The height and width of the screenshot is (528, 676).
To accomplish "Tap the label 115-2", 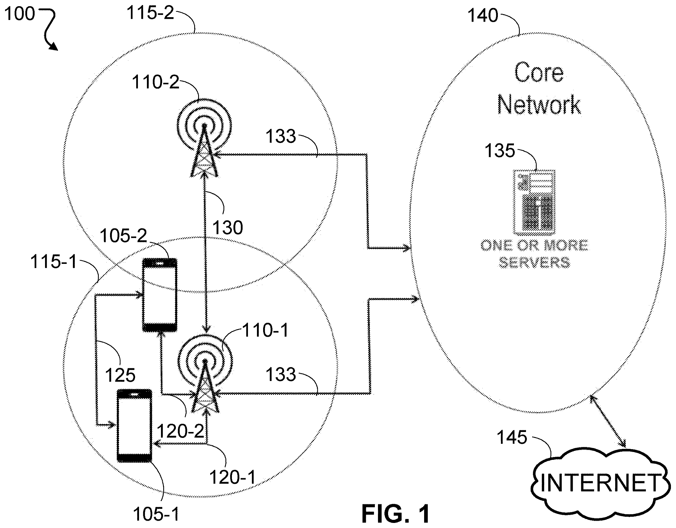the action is coord(151,13).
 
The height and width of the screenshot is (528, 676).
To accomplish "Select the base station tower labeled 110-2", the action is coord(204,138).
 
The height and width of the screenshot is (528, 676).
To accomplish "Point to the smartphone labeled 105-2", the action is coord(160,295).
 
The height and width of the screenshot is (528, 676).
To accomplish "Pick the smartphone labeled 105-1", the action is coord(134,426).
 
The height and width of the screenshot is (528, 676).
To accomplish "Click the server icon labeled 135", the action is coord(534,202).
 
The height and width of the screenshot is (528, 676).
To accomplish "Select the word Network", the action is coord(539,105).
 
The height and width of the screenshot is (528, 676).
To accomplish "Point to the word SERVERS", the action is coord(534,262).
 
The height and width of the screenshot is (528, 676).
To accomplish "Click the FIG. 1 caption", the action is coord(396,514).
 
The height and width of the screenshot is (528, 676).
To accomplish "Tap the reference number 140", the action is coord(482,15).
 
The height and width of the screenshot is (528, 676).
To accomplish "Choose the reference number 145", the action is coord(512,437).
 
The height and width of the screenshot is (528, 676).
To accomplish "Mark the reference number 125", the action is coord(120,375).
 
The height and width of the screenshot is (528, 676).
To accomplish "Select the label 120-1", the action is coord(233,477).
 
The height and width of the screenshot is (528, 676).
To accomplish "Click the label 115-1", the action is coord(53,262).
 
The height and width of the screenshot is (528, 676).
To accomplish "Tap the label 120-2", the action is coord(180,431).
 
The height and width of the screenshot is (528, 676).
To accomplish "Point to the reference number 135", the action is coord(499,151).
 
